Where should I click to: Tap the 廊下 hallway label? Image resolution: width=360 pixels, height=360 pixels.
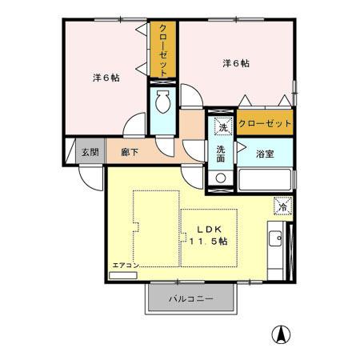point(130,151)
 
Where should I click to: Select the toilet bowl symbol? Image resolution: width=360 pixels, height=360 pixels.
point(162,103)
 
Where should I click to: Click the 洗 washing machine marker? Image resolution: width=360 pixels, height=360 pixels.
point(221,126)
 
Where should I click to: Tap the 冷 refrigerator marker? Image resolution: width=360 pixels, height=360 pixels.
point(282,206)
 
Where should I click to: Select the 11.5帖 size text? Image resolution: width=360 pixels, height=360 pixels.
point(209,241)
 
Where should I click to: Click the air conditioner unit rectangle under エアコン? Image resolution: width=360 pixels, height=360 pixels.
point(123,274)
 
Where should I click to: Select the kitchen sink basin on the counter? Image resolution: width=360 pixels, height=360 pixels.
point(274,238)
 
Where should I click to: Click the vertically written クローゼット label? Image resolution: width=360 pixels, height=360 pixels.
point(163,50)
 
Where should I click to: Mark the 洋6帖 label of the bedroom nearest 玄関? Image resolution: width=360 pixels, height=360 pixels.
point(105,78)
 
